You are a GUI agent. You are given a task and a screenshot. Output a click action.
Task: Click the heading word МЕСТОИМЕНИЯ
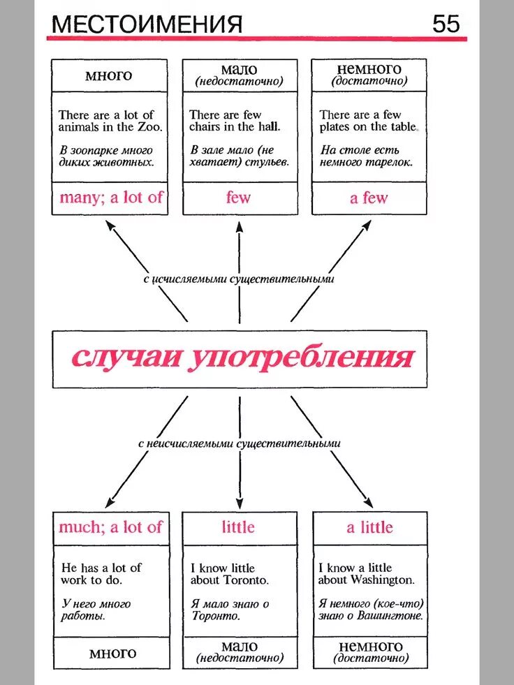point(147,24)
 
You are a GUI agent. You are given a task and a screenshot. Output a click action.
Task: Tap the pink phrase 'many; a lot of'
point(110,197)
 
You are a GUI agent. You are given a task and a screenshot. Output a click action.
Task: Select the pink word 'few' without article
point(238,198)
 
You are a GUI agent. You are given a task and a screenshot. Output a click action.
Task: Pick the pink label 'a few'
point(369,198)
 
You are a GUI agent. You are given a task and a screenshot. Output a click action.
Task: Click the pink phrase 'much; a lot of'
point(110,527)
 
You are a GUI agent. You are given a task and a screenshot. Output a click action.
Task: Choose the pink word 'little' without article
point(238,527)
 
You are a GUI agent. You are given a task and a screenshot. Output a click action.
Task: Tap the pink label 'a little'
point(369,527)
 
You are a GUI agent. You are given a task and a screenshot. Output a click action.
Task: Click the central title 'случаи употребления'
point(241,358)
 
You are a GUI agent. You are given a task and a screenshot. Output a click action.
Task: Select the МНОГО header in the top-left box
point(109,75)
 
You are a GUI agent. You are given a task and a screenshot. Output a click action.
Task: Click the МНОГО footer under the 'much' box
point(112,654)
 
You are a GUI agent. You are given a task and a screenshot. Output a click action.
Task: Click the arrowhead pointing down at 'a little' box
point(368,502)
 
